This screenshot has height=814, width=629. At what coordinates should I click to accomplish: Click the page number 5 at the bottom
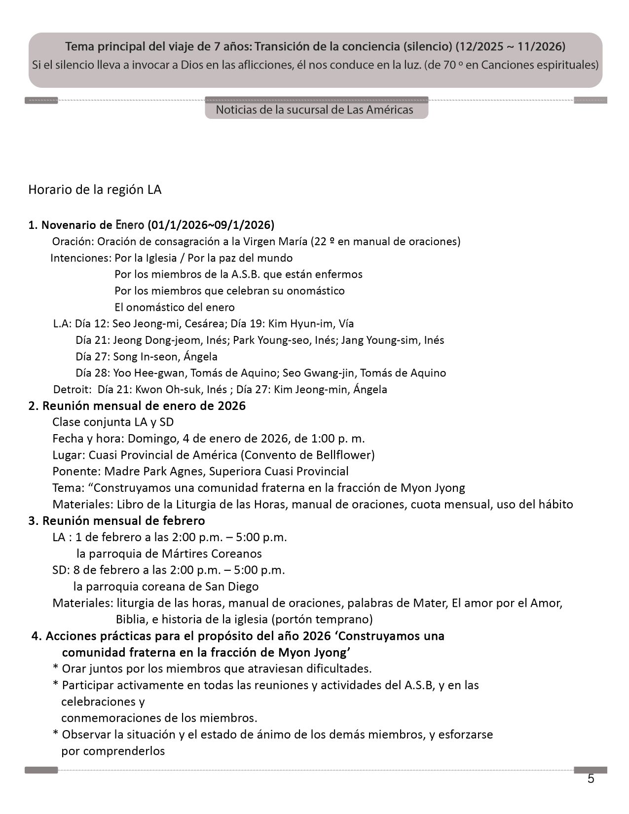point(591,779)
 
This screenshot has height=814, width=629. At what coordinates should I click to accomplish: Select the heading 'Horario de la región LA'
point(95,190)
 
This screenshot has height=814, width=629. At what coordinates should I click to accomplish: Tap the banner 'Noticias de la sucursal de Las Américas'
point(314,110)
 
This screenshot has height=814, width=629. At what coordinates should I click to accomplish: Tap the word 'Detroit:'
point(72,389)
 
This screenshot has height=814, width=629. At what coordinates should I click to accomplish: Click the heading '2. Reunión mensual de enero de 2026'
point(137,406)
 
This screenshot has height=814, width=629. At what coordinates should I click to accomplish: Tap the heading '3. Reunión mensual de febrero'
point(116,520)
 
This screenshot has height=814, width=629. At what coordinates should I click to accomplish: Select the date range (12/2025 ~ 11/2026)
point(510,47)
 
